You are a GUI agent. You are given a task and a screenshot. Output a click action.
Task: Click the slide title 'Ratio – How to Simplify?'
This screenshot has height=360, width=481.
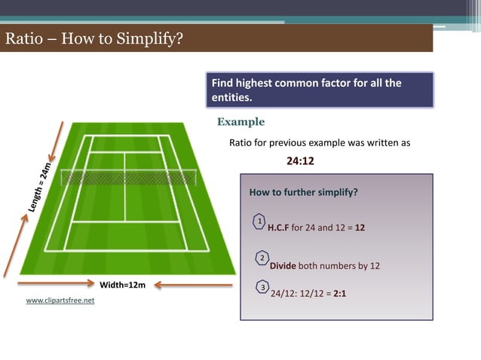click(x=94, y=38)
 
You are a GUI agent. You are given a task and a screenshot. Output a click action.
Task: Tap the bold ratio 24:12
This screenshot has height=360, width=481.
click(x=300, y=160)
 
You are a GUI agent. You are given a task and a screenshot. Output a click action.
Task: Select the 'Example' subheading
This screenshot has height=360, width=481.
click(x=240, y=122)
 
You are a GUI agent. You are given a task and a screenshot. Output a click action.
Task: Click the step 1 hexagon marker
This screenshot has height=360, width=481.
click(x=259, y=221)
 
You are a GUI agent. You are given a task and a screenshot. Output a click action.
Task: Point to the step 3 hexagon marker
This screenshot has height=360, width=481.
click(x=262, y=288)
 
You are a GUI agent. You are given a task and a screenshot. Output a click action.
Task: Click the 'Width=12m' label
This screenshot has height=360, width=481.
click(x=122, y=285)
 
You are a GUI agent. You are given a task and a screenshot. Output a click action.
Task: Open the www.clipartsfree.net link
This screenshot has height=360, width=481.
click(x=60, y=301)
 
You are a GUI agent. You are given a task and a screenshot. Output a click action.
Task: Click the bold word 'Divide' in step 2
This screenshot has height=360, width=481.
click(x=283, y=266)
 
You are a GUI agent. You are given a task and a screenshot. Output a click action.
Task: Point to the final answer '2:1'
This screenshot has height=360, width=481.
click(x=339, y=294)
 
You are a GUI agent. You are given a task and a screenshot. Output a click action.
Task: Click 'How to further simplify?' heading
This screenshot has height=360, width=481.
click(x=303, y=192)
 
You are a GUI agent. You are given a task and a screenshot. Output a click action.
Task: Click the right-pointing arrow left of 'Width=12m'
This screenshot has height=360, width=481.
click(x=57, y=285)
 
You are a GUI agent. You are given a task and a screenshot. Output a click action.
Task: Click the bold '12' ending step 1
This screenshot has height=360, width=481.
click(x=360, y=227)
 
